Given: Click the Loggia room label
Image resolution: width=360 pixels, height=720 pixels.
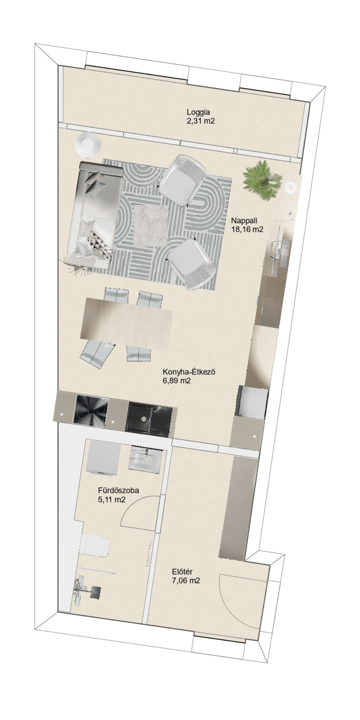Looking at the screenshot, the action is (x=198, y=112).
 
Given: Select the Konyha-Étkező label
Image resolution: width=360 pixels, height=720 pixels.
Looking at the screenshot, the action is (x=189, y=372).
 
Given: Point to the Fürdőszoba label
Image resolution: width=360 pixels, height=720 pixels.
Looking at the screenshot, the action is (x=118, y=490).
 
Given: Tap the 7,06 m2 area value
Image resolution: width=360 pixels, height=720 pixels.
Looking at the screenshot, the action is (x=186, y=580).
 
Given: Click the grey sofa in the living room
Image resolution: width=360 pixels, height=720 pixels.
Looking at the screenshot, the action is (x=94, y=215).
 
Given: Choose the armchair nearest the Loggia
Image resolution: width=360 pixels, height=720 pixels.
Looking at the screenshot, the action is (x=183, y=181).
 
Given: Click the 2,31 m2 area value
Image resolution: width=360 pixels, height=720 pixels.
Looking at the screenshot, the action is (x=201, y=121).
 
